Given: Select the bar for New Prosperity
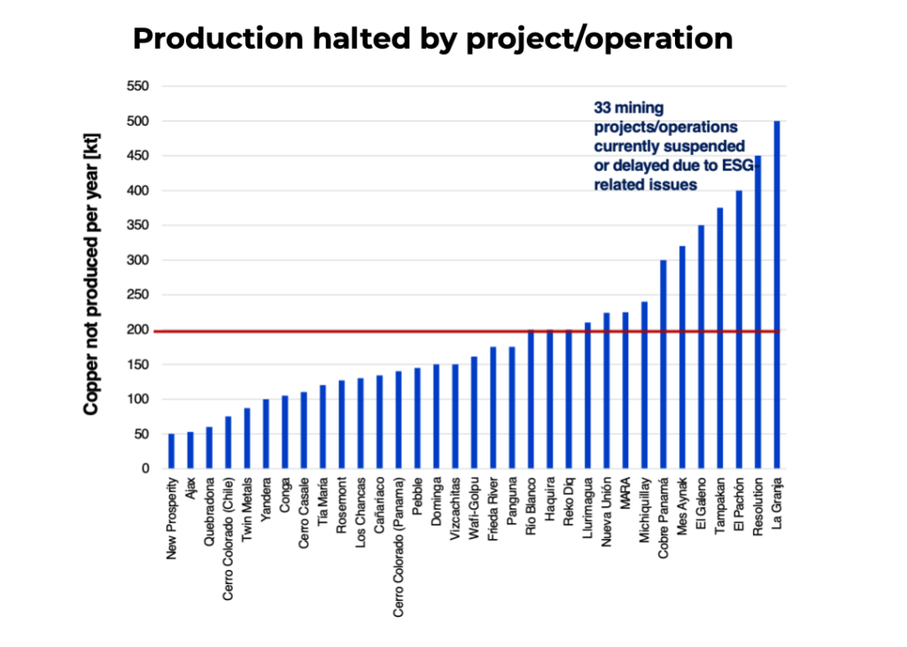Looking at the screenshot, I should pyautogui.click(x=171, y=451).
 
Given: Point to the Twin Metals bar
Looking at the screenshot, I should pyautogui.click(x=247, y=438).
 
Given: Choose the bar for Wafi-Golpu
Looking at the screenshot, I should pyautogui.click(x=474, y=412).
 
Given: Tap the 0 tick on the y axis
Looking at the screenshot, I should pyautogui.click(x=144, y=469).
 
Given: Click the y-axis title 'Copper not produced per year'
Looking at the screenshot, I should pyautogui.click(x=91, y=277).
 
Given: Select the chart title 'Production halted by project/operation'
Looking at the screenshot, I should pyautogui.click(x=432, y=39).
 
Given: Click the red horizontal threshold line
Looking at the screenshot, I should pyautogui.click(x=354, y=331).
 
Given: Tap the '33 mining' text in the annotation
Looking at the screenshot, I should pyautogui.click(x=628, y=108).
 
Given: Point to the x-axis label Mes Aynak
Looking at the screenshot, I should pyautogui.click(x=682, y=509).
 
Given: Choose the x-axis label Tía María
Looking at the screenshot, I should pyautogui.click(x=322, y=502).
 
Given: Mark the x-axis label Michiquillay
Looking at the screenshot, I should pyautogui.click(x=644, y=512).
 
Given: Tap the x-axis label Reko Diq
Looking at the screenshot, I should pyautogui.click(x=569, y=503).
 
